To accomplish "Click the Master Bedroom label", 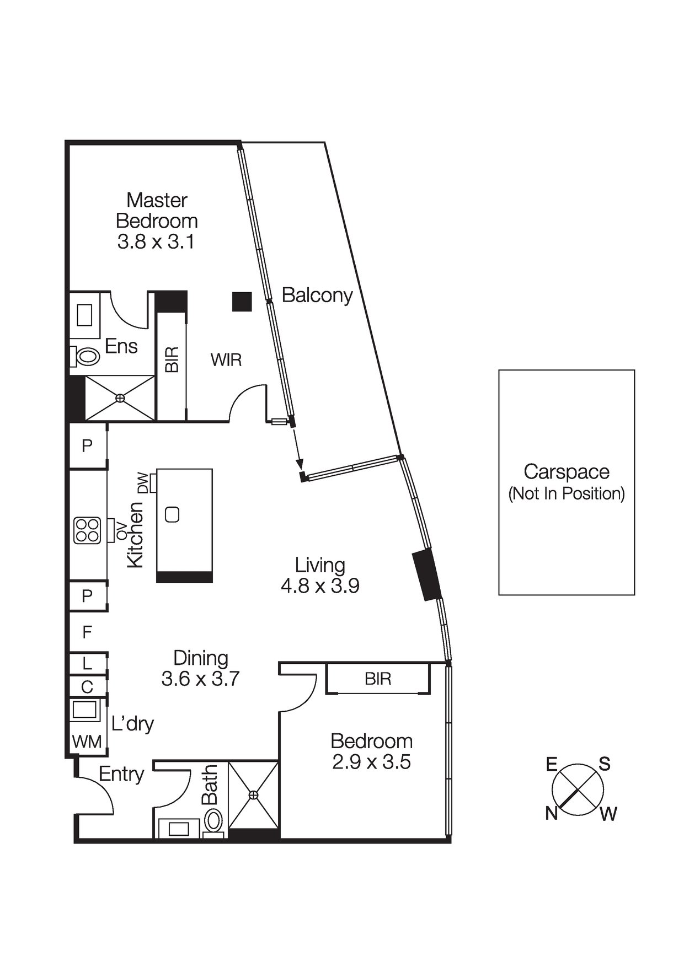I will (157, 210).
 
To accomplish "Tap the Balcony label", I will (317, 296).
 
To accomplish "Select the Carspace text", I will (566, 472).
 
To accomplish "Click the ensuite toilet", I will (85, 356).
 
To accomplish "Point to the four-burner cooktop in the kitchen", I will (87, 530).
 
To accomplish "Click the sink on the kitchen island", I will (172, 514).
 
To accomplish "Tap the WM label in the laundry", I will (87, 742).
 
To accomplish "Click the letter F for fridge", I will (87, 632).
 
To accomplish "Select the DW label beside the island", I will (143, 483).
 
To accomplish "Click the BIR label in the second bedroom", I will (378, 679).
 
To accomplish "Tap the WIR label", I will (226, 360).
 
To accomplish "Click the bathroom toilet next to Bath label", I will (213, 820).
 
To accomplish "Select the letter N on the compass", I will (551, 813).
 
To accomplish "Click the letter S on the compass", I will (605, 764).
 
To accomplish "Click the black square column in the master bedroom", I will (242, 302).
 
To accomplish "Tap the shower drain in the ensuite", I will (120, 397).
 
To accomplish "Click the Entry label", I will (121, 775).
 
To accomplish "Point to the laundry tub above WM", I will (84, 710).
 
